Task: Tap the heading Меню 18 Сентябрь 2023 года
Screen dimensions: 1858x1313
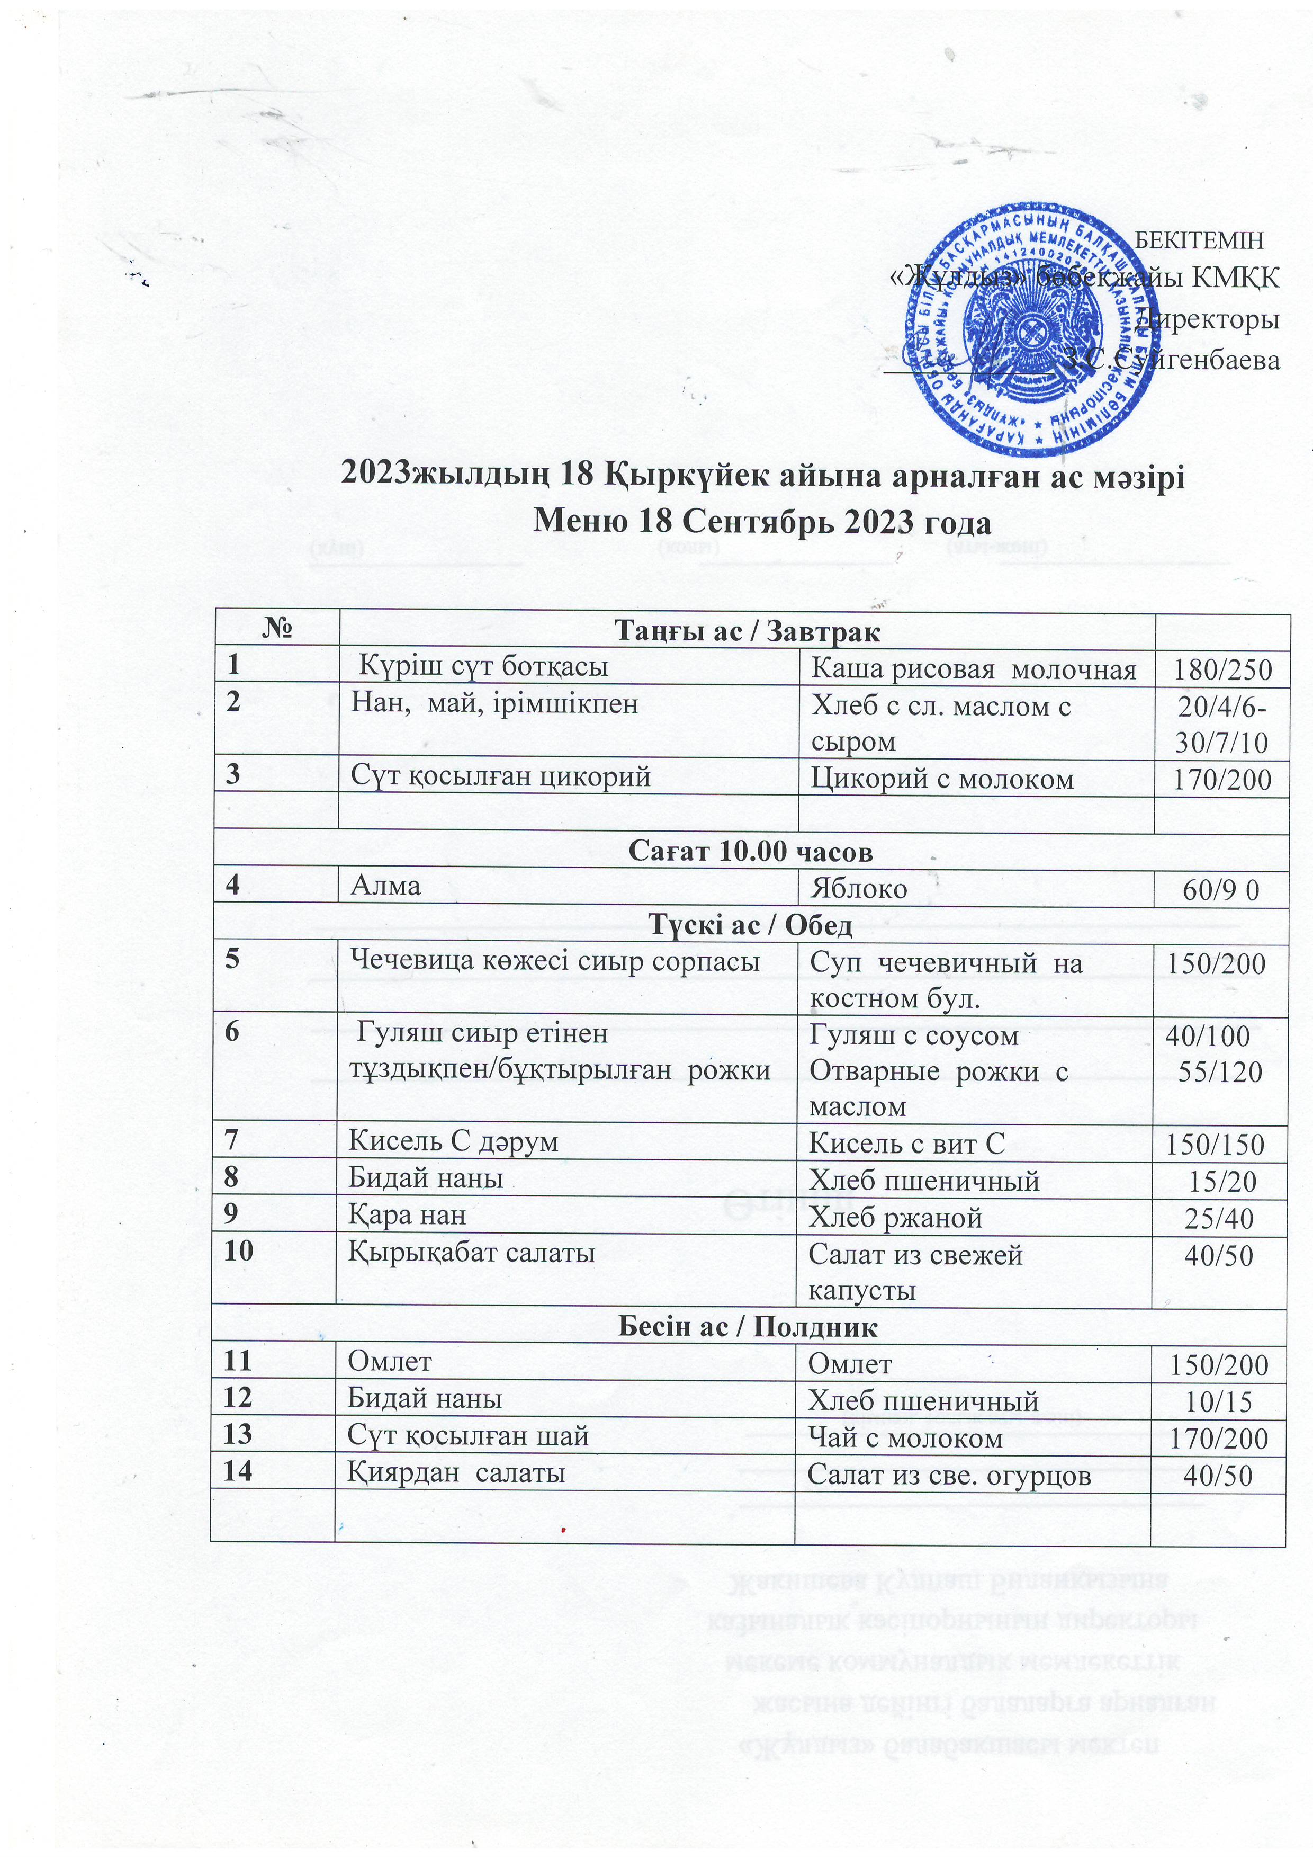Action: point(761,521)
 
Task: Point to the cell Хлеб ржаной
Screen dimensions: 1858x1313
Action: point(896,1217)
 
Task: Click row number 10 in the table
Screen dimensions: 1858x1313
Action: point(239,1251)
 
